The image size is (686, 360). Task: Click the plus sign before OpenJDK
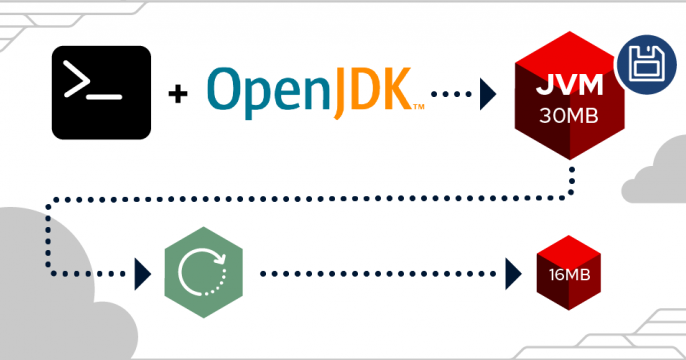click(x=179, y=94)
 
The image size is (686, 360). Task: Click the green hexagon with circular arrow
click(x=200, y=270)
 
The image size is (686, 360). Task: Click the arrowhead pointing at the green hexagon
click(x=141, y=271)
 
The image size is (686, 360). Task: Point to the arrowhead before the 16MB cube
click(x=514, y=271)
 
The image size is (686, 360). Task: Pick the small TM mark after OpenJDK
click(x=419, y=106)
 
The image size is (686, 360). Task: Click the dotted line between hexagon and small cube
click(x=380, y=271)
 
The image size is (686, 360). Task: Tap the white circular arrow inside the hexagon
click(x=200, y=270)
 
